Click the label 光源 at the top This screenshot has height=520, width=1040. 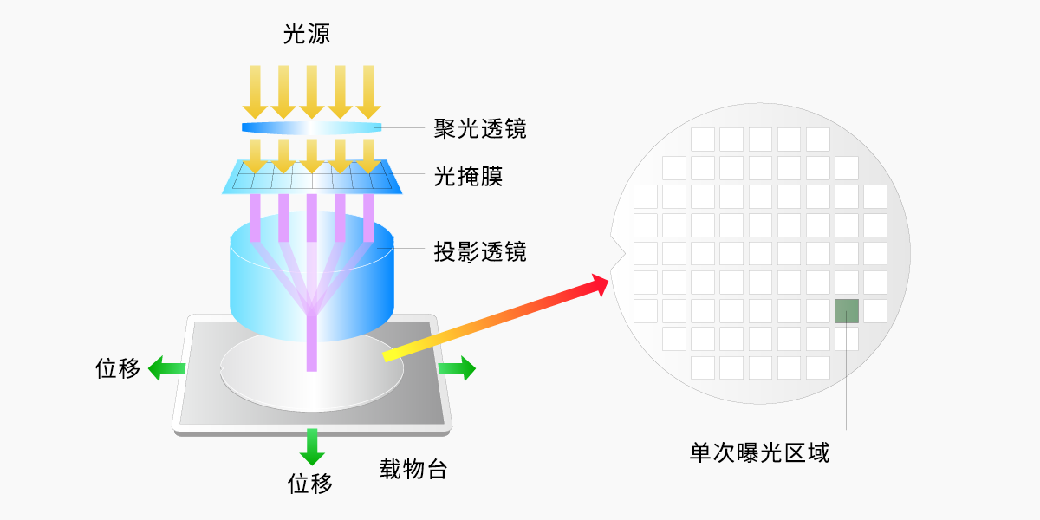pos(307,35)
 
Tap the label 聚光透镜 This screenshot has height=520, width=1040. pos(479,129)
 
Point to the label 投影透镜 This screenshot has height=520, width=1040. pos(479,252)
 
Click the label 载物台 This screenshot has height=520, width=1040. pos(413,470)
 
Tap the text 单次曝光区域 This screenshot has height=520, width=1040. pos(759,452)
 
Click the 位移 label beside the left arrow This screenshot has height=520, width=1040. pos(118,368)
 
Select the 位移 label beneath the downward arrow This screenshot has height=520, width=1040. pos(310,483)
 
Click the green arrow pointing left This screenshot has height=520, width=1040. pos(165,368)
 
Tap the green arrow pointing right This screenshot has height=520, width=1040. pos(458,368)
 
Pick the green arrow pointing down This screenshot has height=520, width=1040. pos(311,446)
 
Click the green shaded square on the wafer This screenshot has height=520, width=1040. pos(847,310)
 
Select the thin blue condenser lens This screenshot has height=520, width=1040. pos(311,128)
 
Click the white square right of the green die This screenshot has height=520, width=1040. pos(875,310)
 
